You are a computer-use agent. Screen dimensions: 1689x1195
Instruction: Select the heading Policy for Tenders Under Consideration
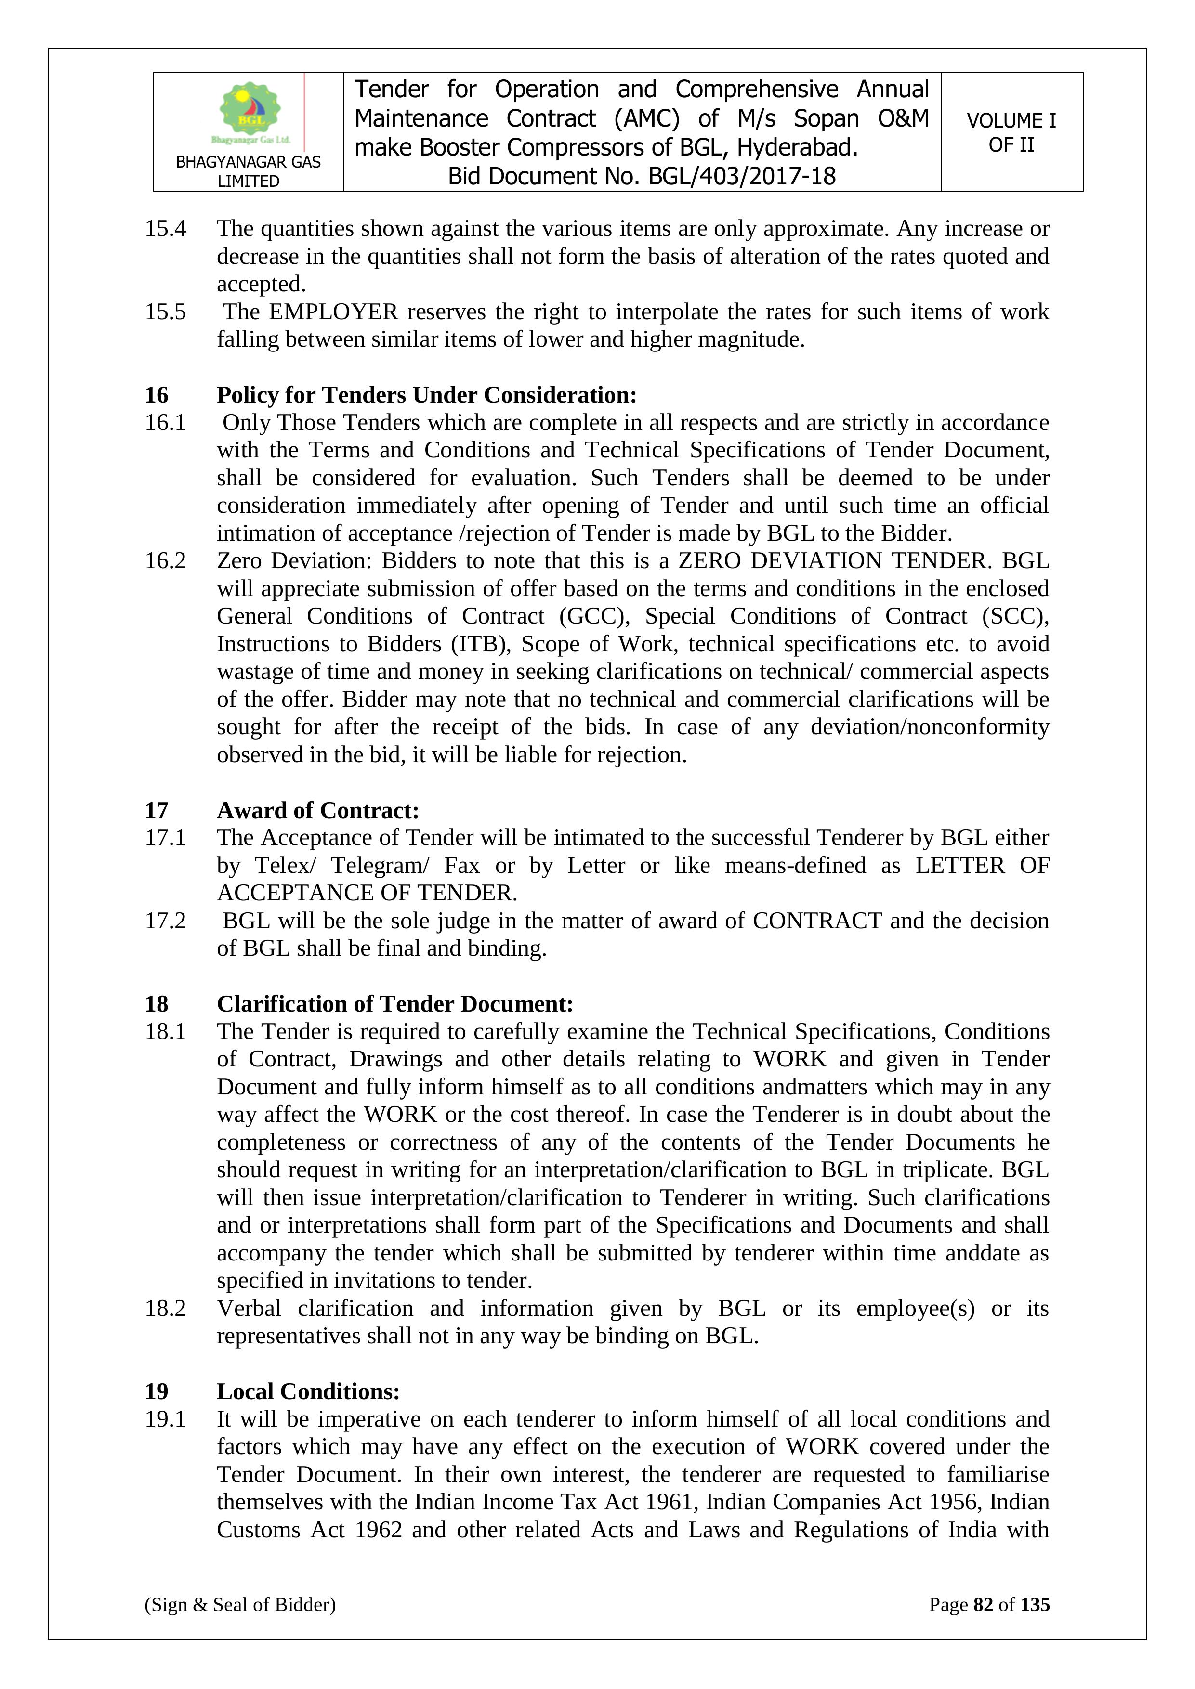click(426, 395)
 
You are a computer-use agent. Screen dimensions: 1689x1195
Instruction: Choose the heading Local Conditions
click(308, 1391)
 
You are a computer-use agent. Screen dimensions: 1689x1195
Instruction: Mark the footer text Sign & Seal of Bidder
click(240, 1604)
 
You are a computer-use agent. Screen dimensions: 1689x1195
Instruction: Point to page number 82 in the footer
click(983, 1604)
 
